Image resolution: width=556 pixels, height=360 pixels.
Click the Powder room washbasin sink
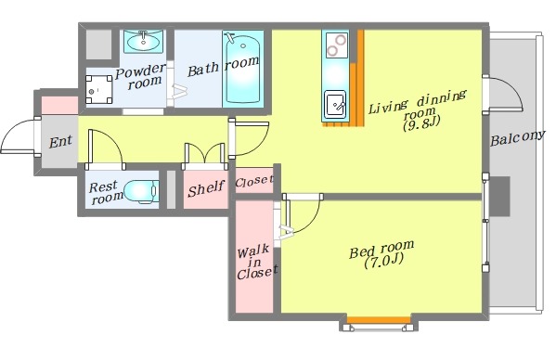143,42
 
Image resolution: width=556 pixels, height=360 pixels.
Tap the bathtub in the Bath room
243,69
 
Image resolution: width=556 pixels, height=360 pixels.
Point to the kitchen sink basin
335,104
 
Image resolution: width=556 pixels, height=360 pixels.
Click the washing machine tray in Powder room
99,90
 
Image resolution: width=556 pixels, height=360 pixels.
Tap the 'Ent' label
60,142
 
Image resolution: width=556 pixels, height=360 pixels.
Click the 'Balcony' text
517,138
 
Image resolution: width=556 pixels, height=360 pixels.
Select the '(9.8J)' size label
421,124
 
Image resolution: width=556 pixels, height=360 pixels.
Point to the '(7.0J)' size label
383,262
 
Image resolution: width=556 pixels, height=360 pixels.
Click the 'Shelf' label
206,188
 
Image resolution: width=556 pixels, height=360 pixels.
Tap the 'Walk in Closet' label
257,263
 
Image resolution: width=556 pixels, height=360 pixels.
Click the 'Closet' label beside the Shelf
254,182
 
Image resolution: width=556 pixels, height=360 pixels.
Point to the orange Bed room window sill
379,320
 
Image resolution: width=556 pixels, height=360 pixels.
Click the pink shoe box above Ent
59,105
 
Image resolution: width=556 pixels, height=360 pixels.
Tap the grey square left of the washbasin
99,45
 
